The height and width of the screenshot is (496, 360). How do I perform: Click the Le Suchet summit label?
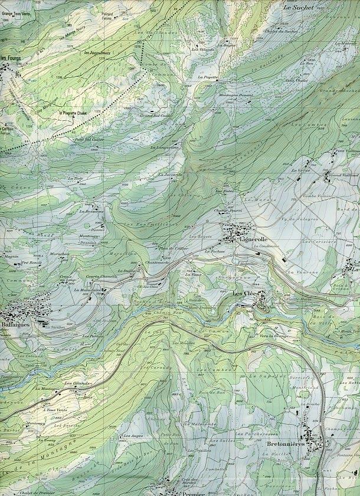point(296,8)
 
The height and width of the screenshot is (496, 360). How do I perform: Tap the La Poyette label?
point(207,77)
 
